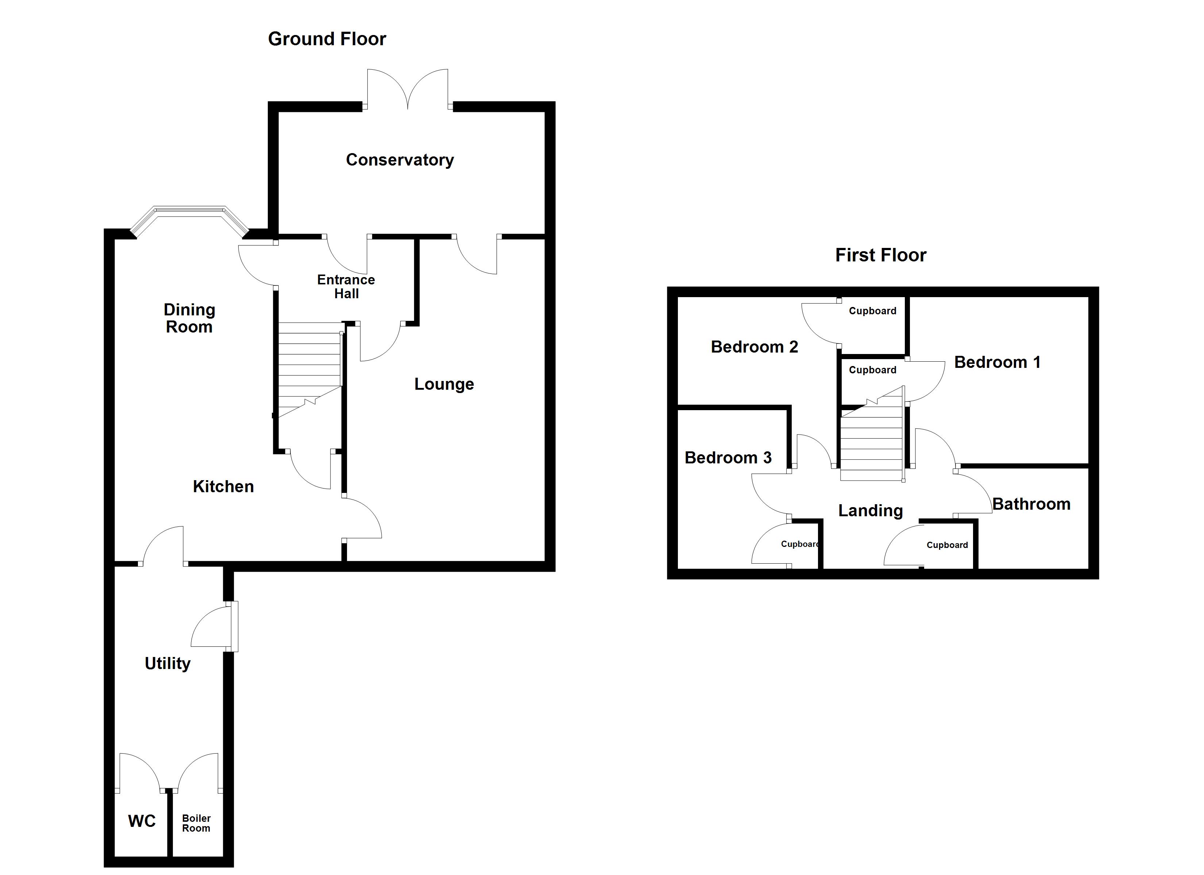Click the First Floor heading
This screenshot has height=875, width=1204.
pos(881,255)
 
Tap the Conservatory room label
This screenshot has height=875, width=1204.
pos(400,160)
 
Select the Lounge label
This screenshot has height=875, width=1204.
pos(444,384)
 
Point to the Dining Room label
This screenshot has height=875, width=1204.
pos(189,318)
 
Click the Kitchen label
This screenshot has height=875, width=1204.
pos(223,487)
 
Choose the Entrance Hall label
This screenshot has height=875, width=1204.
pos(346,287)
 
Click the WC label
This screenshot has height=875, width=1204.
pos(142,821)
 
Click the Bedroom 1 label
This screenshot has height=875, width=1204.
pos(997,362)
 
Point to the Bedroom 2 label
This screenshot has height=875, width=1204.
pos(755,347)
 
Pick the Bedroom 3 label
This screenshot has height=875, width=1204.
pos(728,458)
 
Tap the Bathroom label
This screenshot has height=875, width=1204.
pos(1031,504)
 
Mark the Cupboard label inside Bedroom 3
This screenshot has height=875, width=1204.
pos(799,544)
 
